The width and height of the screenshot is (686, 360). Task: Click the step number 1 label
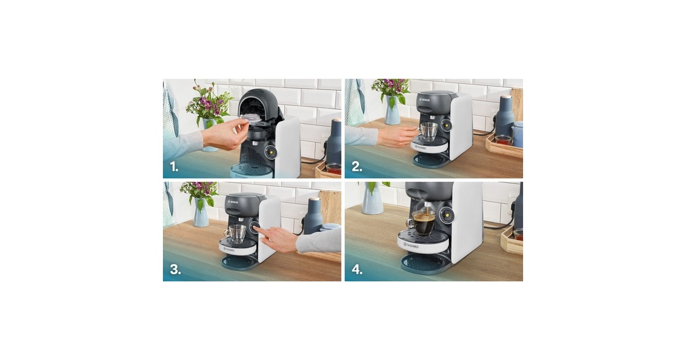point(174,167)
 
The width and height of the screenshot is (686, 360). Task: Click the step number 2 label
point(357,167)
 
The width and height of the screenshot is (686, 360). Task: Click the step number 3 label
point(176,270)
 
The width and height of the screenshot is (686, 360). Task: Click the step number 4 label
point(357,270)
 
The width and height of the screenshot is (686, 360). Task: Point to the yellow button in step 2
point(446,126)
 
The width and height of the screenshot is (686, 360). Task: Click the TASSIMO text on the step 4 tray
point(411,245)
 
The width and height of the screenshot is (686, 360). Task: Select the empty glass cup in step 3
point(236,234)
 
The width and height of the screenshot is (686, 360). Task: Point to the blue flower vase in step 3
point(201,212)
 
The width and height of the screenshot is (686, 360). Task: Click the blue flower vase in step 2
point(392,110)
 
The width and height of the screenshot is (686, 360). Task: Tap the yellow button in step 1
point(271,152)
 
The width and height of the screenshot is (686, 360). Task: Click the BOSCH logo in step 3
point(234,203)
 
